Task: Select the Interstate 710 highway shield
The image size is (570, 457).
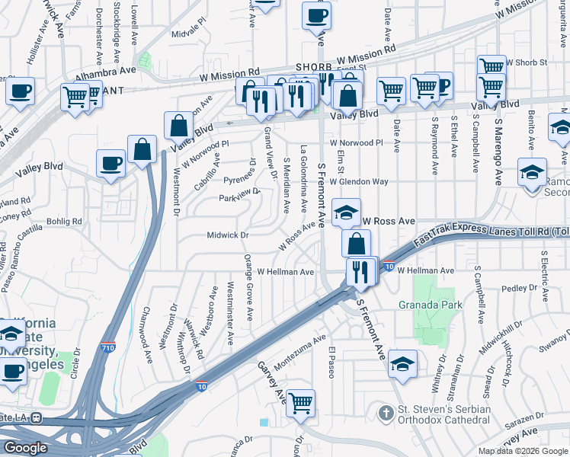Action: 109,346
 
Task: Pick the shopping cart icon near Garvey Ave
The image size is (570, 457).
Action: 301,402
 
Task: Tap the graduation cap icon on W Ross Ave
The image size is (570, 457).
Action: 346,213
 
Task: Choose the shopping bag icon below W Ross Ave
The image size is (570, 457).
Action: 357,244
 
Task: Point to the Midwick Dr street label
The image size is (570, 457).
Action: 228,235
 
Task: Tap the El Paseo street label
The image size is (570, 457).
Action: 332,362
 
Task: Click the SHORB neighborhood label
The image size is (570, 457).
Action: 314,67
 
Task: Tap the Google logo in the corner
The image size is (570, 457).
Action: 25,448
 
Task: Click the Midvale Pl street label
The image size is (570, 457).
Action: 189,34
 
